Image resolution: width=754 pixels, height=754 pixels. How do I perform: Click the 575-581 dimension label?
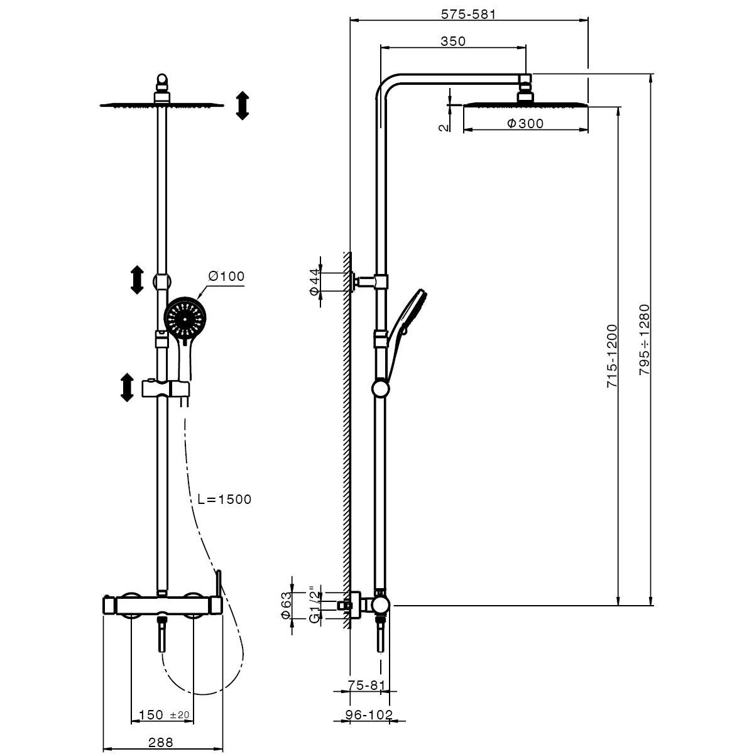pyautogui.click(x=467, y=14)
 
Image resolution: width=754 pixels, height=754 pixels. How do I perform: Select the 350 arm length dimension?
pyautogui.click(x=453, y=41)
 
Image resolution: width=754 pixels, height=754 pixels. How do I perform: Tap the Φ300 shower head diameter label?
pyautogui.click(x=525, y=124)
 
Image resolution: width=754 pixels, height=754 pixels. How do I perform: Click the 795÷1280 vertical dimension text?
pyautogui.click(x=644, y=340)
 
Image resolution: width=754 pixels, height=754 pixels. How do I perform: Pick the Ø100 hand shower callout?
pyautogui.click(x=226, y=276)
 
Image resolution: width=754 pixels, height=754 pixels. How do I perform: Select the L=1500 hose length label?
pyautogui.click(x=224, y=500)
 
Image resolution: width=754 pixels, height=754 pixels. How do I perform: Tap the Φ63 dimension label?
pyautogui.click(x=287, y=606)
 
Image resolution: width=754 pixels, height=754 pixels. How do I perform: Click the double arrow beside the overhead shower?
pyautogui.click(x=243, y=105)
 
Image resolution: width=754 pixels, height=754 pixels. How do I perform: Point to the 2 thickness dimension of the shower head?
pyautogui.click(x=444, y=126)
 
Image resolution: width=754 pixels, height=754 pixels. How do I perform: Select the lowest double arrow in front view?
pyautogui.click(x=127, y=387)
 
